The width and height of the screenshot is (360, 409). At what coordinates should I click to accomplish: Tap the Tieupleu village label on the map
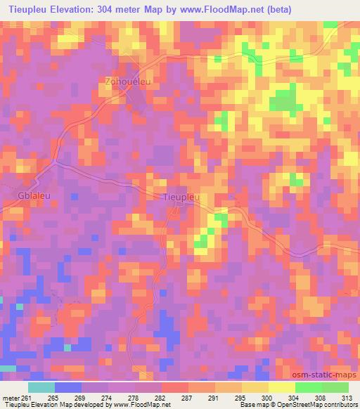(181, 197)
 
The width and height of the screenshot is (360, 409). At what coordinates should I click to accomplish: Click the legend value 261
(27, 398)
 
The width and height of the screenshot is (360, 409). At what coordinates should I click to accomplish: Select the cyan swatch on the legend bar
(41, 387)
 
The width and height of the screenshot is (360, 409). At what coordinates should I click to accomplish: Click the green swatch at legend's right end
(335, 387)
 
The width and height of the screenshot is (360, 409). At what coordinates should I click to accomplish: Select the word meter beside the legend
(10, 398)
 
